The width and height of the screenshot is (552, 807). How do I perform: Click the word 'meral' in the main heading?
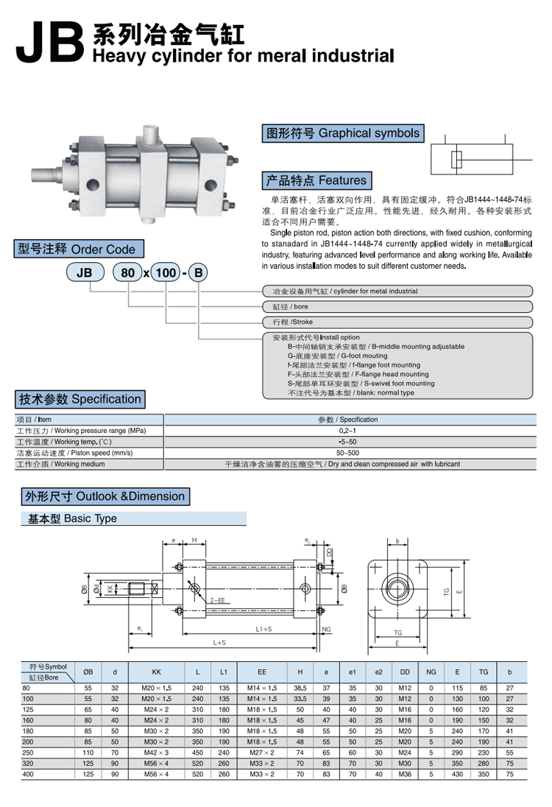click(280, 55)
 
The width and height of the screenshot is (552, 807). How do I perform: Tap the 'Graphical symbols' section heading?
click(343, 133)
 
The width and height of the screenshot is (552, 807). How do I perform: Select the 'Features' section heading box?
click(315, 180)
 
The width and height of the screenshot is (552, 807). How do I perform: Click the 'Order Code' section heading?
click(77, 249)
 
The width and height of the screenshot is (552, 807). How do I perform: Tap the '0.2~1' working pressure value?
click(348, 430)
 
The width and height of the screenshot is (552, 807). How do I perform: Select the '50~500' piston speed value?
click(348, 453)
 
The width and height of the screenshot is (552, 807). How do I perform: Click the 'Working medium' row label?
click(60, 465)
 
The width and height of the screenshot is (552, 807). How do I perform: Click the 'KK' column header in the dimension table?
click(156, 672)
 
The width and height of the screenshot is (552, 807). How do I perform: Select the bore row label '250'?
click(27, 753)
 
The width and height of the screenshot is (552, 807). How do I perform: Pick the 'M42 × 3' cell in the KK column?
click(156, 753)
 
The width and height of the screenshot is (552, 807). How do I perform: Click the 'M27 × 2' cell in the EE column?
click(262, 753)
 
